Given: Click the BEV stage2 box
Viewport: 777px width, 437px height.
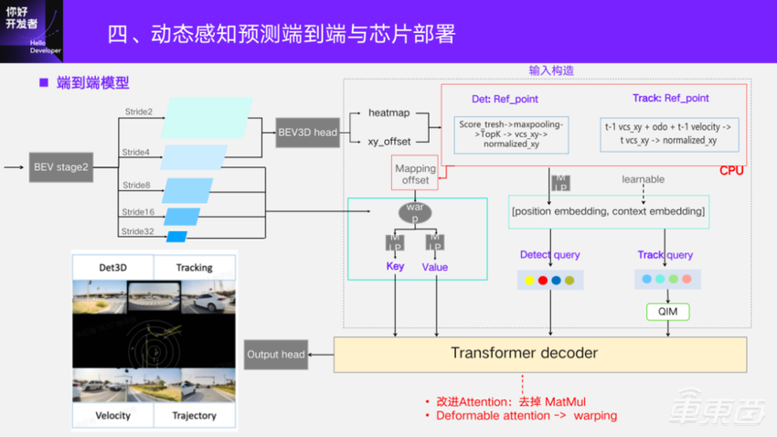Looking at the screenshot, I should pos(61,167).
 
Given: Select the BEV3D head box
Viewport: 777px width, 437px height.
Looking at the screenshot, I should pos(307,133).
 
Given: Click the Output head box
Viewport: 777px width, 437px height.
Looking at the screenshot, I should pos(275,354).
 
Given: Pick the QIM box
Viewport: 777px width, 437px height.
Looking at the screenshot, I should pos(667,313).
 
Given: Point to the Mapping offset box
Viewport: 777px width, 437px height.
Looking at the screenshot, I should pos(415,174).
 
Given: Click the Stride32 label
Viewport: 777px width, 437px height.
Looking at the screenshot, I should pos(139,231).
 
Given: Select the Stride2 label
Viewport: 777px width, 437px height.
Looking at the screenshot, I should pos(138,112).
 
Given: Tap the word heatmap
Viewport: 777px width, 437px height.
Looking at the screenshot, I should pos(388,112).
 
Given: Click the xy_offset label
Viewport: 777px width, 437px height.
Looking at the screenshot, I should pos(388,142).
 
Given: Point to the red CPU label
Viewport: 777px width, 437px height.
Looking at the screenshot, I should pos(731,171).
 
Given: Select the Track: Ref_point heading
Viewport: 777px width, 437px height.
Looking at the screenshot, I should pos(670,99).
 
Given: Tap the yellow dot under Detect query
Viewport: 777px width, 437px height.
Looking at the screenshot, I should pos(527,280).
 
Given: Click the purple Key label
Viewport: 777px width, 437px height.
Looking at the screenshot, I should pos(395,267).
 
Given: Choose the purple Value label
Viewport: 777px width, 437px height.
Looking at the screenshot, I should pos(435,267).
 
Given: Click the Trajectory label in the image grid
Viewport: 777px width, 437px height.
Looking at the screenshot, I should pos(194,415).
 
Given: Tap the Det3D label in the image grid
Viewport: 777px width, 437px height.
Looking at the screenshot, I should pos(113,267).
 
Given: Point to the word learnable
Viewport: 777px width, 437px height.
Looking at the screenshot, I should pos(643,179).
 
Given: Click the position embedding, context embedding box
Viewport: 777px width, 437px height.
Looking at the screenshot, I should pos(608,211).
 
